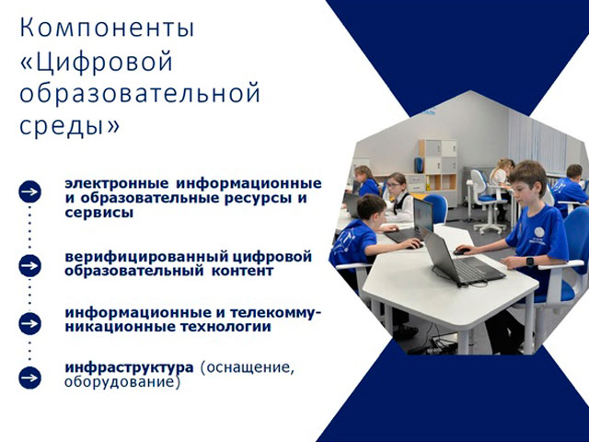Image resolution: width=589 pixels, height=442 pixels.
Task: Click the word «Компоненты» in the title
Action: (x=107, y=29)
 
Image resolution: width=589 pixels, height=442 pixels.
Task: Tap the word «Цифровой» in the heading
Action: (x=104, y=62)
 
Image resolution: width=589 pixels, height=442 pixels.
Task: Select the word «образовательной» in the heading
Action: (x=140, y=92)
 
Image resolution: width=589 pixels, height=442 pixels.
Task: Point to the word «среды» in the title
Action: (x=62, y=125)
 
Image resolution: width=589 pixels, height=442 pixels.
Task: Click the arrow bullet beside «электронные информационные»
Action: (x=30, y=192)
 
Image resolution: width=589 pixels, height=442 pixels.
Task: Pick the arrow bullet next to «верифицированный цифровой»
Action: (x=30, y=266)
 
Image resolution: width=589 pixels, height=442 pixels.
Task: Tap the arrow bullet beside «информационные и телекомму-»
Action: (x=30, y=323)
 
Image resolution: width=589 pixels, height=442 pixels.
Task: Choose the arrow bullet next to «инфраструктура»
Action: (x=30, y=378)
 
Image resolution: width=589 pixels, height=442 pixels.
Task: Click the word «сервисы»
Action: (x=99, y=213)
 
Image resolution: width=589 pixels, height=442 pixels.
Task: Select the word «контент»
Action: (x=243, y=271)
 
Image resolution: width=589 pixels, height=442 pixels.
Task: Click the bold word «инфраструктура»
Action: (x=129, y=367)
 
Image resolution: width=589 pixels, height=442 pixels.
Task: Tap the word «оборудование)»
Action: (x=122, y=382)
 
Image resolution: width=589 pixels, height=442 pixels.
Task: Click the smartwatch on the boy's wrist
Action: (x=530, y=262)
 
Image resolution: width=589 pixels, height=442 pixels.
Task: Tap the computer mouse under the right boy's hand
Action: (x=461, y=251)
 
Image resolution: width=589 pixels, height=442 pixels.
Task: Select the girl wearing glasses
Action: (x=398, y=197)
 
